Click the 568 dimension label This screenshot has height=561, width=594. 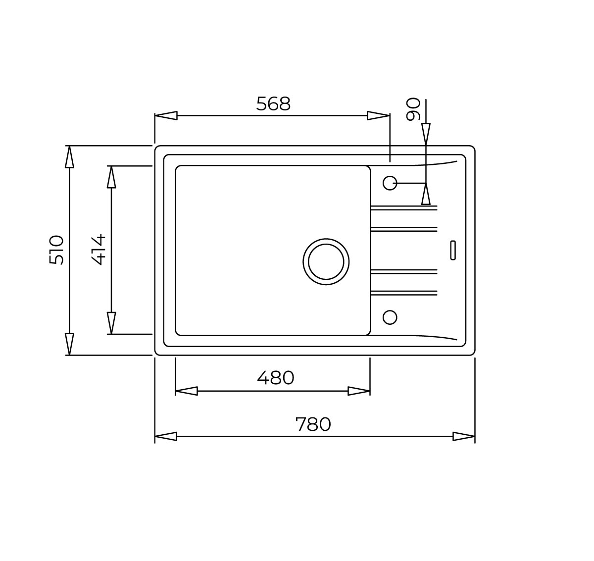coord(273,103)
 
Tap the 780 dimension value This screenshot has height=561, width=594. coord(313,424)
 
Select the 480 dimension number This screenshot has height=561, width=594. coord(276,378)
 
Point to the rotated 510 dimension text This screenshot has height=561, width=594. coord(56,250)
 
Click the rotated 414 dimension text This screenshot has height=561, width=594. coord(98,250)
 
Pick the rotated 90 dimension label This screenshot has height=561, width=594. coord(413,109)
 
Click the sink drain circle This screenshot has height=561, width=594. coord(326,262)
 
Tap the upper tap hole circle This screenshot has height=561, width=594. coord(390,183)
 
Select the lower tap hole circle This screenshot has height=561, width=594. coord(390,317)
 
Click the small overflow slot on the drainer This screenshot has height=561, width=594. coord(453,250)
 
